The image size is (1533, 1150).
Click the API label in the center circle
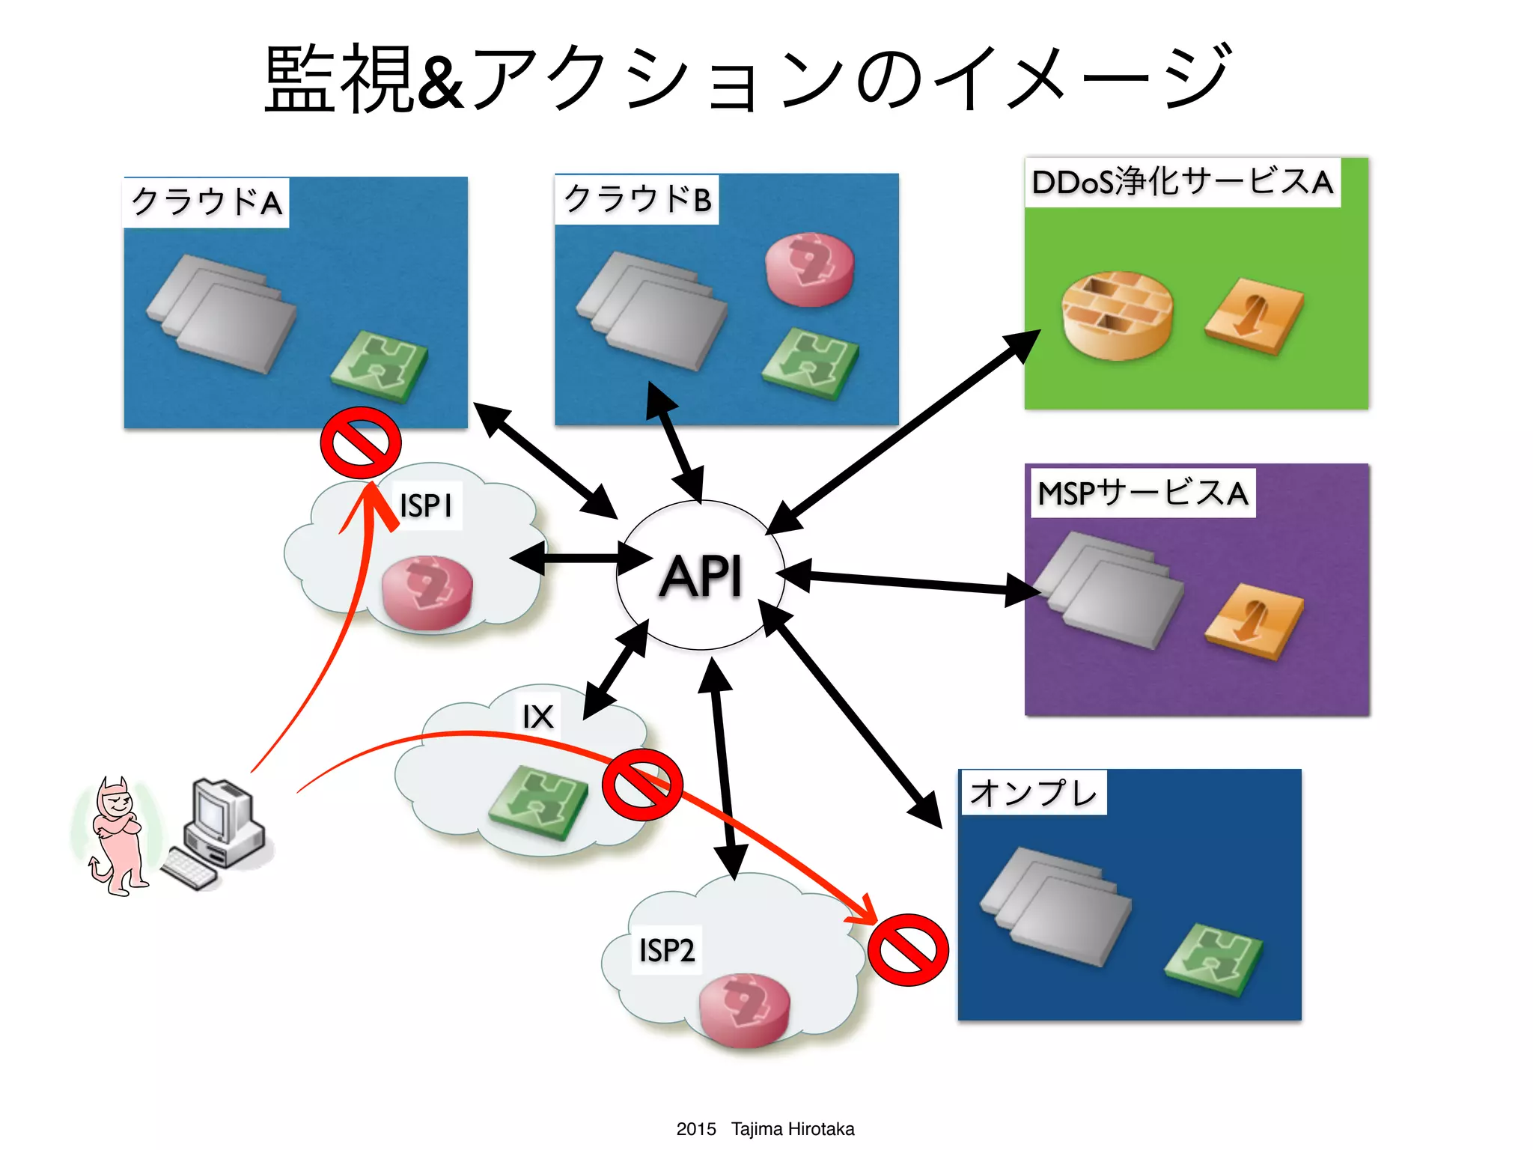pyautogui.click(x=701, y=576)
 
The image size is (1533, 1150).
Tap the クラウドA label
pyautogui.click(x=207, y=202)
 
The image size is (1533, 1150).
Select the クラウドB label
pyautogui.click(x=637, y=199)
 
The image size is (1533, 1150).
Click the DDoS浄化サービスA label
pyautogui.click(x=1182, y=182)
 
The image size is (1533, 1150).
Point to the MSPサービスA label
pyautogui.click(x=1142, y=493)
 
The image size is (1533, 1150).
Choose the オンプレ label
pyautogui.click(x=1033, y=793)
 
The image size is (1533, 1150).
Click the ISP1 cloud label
pyautogui.click(x=426, y=505)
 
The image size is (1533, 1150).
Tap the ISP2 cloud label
pyautogui.click(x=666, y=950)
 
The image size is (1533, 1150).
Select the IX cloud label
pyautogui.click(x=537, y=717)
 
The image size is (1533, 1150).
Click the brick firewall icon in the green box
pyautogui.click(x=1117, y=315)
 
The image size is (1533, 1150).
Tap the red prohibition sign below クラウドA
pyautogui.click(x=361, y=443)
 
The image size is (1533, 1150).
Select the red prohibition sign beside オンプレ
pyautogui.click(x=908, y=949)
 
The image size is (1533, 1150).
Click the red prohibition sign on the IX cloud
pyautogui.click(x=642, y=785)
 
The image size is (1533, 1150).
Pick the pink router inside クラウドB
pyautogui.click(x=809, y=270)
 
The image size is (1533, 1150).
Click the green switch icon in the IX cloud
pyautogui.click(x=537, y=803)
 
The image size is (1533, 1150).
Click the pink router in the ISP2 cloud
pyautogui.click(x=744, y=1009)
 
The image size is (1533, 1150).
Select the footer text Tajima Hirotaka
pyautogui.click(x=792, y=1129)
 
